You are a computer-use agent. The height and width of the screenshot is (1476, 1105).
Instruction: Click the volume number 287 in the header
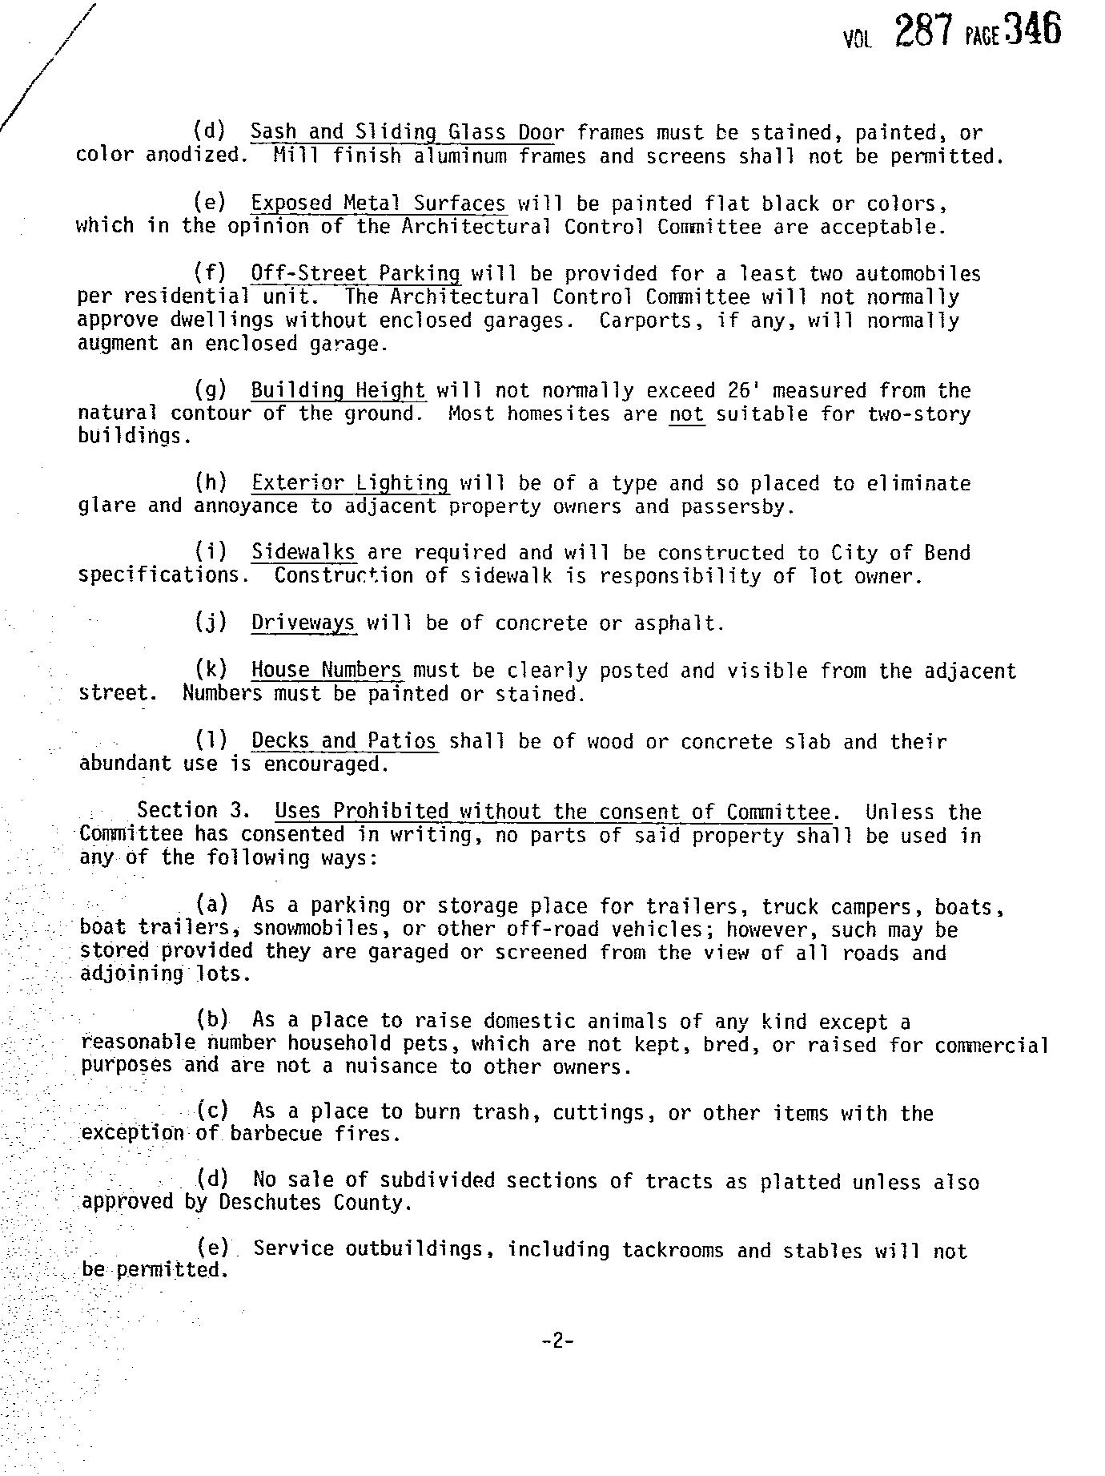(923, 33)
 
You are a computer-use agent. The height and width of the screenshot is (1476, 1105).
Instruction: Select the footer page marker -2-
(557, 1340)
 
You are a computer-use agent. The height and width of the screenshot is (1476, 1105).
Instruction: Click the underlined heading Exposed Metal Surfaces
(378, 204)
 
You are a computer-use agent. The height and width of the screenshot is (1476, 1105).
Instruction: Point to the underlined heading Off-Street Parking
(356, 274)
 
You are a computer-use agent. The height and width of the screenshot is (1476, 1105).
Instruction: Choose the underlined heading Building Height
(338, 391)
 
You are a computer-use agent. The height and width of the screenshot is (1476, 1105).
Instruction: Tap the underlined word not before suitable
(686, 414)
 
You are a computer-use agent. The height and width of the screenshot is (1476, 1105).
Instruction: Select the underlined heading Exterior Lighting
(350, 483)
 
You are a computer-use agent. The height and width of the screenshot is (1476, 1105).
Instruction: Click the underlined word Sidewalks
(303, 553)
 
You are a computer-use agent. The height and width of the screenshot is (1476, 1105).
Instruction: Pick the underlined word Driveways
(303, 623)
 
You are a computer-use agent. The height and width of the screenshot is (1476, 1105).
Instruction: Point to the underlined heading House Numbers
(326, 670)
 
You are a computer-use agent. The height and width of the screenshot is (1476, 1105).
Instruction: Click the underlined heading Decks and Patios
(344, 741)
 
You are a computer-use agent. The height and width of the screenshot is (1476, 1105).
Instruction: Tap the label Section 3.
(189, 811)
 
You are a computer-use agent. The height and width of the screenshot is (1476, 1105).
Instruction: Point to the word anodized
(196, 155)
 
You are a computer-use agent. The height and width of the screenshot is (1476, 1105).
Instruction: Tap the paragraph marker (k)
(211, 670)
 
